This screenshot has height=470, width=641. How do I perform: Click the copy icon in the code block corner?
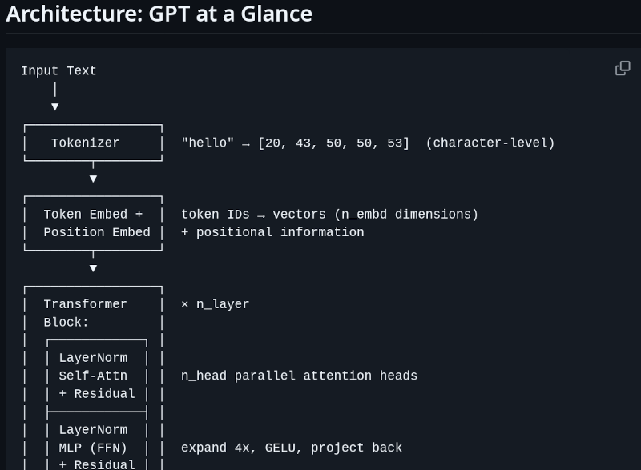click(623, 68)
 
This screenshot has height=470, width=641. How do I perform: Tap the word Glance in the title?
click(276, 14)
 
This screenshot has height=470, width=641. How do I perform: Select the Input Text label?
click(58, 71)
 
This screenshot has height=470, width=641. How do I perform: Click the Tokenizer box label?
click(86, 143)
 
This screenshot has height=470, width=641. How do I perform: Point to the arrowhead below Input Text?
click(55, 107)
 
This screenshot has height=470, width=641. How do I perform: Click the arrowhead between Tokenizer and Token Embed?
click(93, 179)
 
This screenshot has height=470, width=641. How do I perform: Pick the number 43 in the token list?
click(303, 143)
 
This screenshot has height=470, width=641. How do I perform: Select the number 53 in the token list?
click(394, 143)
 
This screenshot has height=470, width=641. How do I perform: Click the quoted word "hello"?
click(208, 143)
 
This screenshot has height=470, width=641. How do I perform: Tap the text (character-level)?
click(490, 143)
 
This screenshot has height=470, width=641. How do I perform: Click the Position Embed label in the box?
click(97, 232)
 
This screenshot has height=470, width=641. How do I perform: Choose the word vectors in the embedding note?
click(299, 215)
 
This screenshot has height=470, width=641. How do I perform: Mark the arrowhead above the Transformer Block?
click(93, 268)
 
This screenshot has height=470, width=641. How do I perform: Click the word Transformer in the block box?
click(86, 304)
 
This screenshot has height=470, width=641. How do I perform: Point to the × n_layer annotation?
click(215, 304)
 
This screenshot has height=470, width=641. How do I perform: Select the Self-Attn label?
click(93, 376)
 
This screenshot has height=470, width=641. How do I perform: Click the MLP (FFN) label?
click(93, 448)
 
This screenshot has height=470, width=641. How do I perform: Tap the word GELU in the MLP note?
click(280, 448)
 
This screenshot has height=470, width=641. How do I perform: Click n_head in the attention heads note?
click(204, 376)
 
